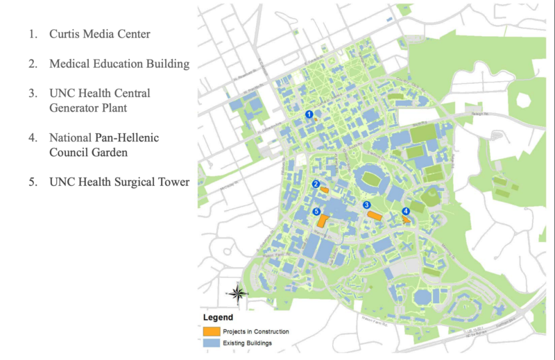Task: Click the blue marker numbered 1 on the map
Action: (309, 114)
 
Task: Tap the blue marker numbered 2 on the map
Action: (315, 185)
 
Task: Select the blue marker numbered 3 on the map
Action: (367, 205)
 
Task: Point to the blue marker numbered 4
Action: (406, 212)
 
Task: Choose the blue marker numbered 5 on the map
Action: (316, 212)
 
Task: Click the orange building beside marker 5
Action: (323, 221)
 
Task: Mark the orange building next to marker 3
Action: (375, 216)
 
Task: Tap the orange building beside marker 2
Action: (324, 189)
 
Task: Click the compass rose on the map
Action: (237, 294)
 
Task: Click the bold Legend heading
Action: (218, 318)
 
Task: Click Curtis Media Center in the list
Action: (99, 33)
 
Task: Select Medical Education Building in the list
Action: (119, 64)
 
